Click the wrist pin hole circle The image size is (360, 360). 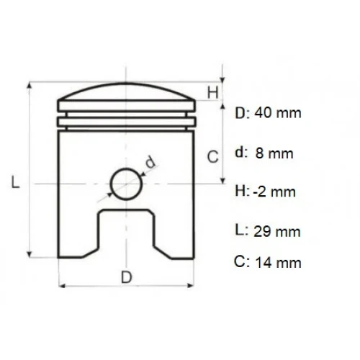click(x=125, y=183)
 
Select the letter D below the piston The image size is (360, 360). click(x=125, y=277)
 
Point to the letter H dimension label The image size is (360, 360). click(x=212, y=91)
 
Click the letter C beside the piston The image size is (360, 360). click(x=212, y=155)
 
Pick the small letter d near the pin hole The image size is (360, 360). click(x=150, y=162)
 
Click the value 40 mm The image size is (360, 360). click(x=279, y=113)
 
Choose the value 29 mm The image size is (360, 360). click(x=277, y=231)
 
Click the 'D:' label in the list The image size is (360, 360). click(x=242, y=113)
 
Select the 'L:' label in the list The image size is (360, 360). click(x=241, y=231)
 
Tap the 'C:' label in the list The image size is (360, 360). click(x=243, y=262)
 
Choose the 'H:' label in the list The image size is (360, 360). click(x=242, y=192)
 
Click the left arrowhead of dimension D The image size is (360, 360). click(x=60, y=286)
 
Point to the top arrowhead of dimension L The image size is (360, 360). click(x=29, y=86)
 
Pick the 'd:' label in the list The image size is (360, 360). click(x=241, y=153)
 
